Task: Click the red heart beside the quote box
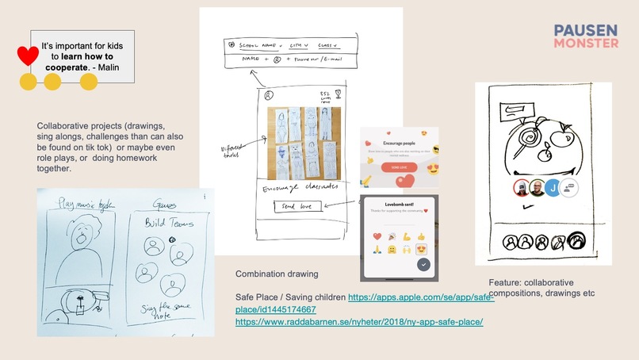(28, 56)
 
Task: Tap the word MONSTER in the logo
(586, 42)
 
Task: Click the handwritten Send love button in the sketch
(298, 207)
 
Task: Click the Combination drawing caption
(277, 274)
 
